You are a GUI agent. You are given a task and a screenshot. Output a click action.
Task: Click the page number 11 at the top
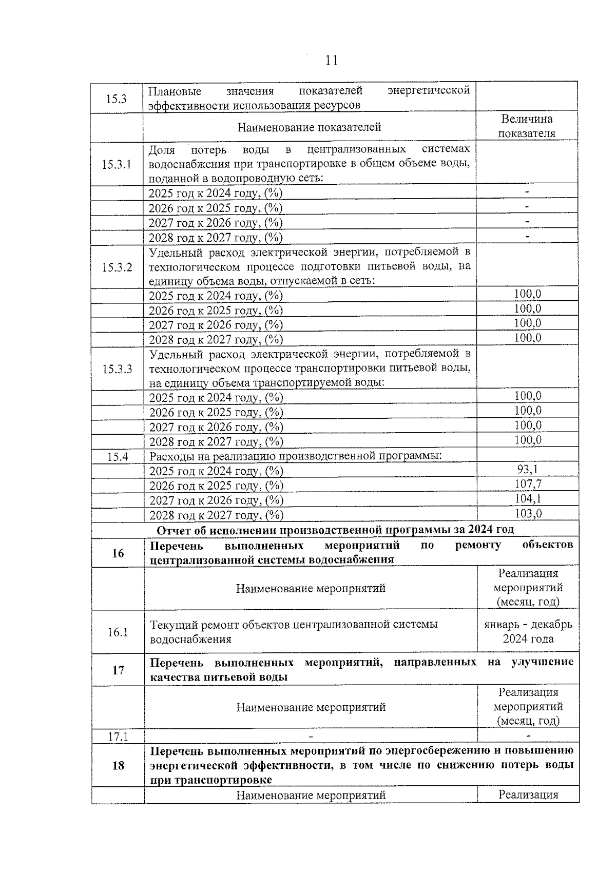tap(332, 61)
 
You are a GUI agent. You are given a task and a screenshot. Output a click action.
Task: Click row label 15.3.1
tap(117, 164)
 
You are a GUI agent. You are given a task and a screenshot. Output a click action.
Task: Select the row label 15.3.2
tap(117, 267)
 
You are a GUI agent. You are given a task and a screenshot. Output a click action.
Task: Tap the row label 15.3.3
tap(117, 369)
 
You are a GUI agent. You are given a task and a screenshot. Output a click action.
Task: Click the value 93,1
tap(527, 469)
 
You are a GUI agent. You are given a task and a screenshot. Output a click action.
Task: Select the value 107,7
tap(528, 484)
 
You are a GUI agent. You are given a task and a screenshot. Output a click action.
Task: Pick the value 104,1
tap(528, 498)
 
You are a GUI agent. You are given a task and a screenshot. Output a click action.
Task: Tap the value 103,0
tap(528, 513)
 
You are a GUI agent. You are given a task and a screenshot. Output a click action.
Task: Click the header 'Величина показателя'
tap(527, 126)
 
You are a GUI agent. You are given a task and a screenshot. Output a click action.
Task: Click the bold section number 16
tap(118, 553)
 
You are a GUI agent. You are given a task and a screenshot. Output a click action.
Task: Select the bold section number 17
tap(118, 670)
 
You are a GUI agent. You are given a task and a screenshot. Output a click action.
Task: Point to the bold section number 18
tap(118, 765)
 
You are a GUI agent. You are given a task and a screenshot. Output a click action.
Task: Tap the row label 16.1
tap(118, 632)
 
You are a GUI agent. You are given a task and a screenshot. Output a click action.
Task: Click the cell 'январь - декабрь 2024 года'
tap(528, 632)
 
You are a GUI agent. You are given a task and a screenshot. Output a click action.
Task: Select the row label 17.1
tap(118, 736)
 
